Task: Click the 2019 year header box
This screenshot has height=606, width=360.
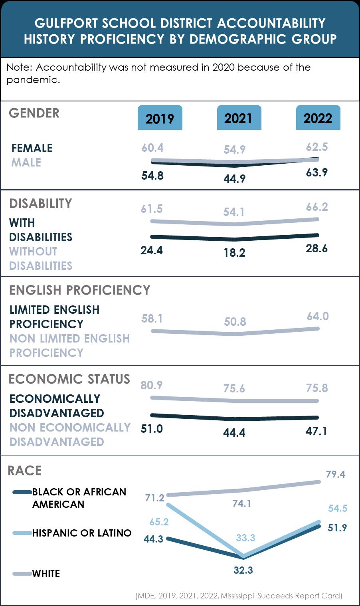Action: (160, 118)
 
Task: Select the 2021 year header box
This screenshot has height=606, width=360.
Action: (239, 118)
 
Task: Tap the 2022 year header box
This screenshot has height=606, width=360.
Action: (318, 118)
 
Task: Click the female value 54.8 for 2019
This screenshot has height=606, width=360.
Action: (152, 176)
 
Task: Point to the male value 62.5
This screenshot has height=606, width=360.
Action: (317, 147)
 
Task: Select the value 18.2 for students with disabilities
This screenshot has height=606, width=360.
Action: (234, 253)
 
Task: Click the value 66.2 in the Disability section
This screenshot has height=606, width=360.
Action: (317, 207)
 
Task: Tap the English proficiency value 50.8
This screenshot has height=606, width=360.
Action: (235, 322)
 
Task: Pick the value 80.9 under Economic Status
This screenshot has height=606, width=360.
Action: (151, 385)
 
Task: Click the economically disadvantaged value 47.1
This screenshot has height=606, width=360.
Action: (316, 431)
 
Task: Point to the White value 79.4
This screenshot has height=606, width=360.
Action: (335, 474)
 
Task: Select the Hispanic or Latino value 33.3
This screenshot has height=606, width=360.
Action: (245, 538)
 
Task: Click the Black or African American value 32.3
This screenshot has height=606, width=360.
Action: (243, 570)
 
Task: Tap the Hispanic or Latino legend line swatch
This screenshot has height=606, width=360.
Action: (22, 533)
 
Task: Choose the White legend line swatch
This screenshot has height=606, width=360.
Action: (22, 574)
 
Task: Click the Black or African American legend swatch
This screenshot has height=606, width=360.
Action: (22, 492)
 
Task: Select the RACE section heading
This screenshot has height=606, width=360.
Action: (25, 471)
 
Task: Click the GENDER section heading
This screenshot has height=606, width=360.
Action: (34, 113)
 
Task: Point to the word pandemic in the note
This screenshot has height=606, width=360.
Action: (33, 79)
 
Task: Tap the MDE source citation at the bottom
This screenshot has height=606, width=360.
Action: (239, 596)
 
